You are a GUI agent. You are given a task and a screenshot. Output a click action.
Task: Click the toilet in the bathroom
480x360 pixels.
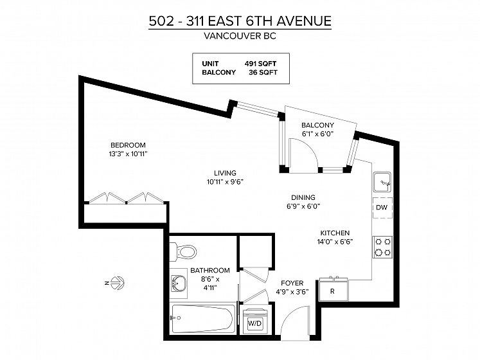coord(183,252)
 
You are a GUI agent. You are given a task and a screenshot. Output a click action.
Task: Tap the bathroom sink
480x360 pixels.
coord(179,283)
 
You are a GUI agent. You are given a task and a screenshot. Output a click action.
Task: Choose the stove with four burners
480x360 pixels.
coord(383,247)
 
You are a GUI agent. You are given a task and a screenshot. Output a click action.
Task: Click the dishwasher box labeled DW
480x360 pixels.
coord(382,208)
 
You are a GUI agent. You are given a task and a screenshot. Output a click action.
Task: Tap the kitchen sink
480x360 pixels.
coord(382,182)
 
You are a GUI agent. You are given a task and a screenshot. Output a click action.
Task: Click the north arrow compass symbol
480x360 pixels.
coord(117,282)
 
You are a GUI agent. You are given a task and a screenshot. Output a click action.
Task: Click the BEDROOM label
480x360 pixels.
coord(128,145)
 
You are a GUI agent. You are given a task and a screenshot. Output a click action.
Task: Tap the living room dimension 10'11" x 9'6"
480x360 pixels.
coord(225,182)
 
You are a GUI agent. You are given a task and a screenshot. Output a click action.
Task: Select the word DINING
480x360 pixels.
coord(303,197)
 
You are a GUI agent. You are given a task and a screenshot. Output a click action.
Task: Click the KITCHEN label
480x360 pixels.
coord(335,233)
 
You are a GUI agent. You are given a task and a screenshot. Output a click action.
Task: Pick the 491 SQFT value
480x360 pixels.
coord(260,64)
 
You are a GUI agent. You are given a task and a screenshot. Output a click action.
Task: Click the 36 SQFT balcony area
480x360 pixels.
coord(263,72)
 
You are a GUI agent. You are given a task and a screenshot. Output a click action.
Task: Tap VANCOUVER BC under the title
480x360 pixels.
coord(240,36)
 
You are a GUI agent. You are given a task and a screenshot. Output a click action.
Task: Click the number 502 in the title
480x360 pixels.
coord(161,21)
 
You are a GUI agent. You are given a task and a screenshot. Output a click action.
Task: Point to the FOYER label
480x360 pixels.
coord(292,283)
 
